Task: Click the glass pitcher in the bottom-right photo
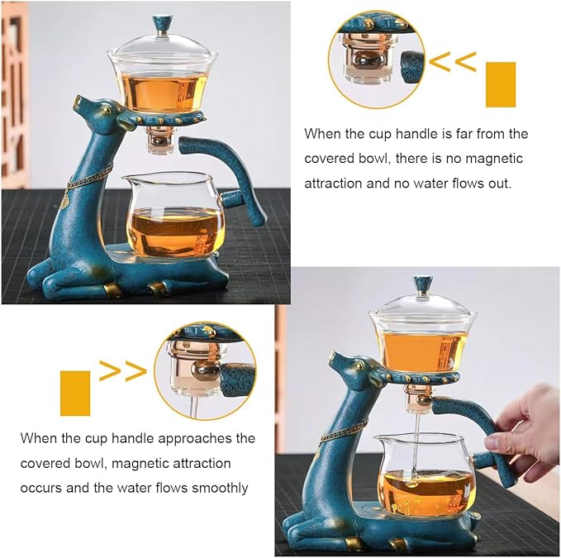pyautogui.click(x=420, y=474)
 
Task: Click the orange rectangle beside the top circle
pyautogui.click(x=501, y=84)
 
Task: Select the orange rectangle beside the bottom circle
pyautogui.click(x=75, y=392)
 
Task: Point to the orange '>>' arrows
pyautogui.click(x=122, y=371)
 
